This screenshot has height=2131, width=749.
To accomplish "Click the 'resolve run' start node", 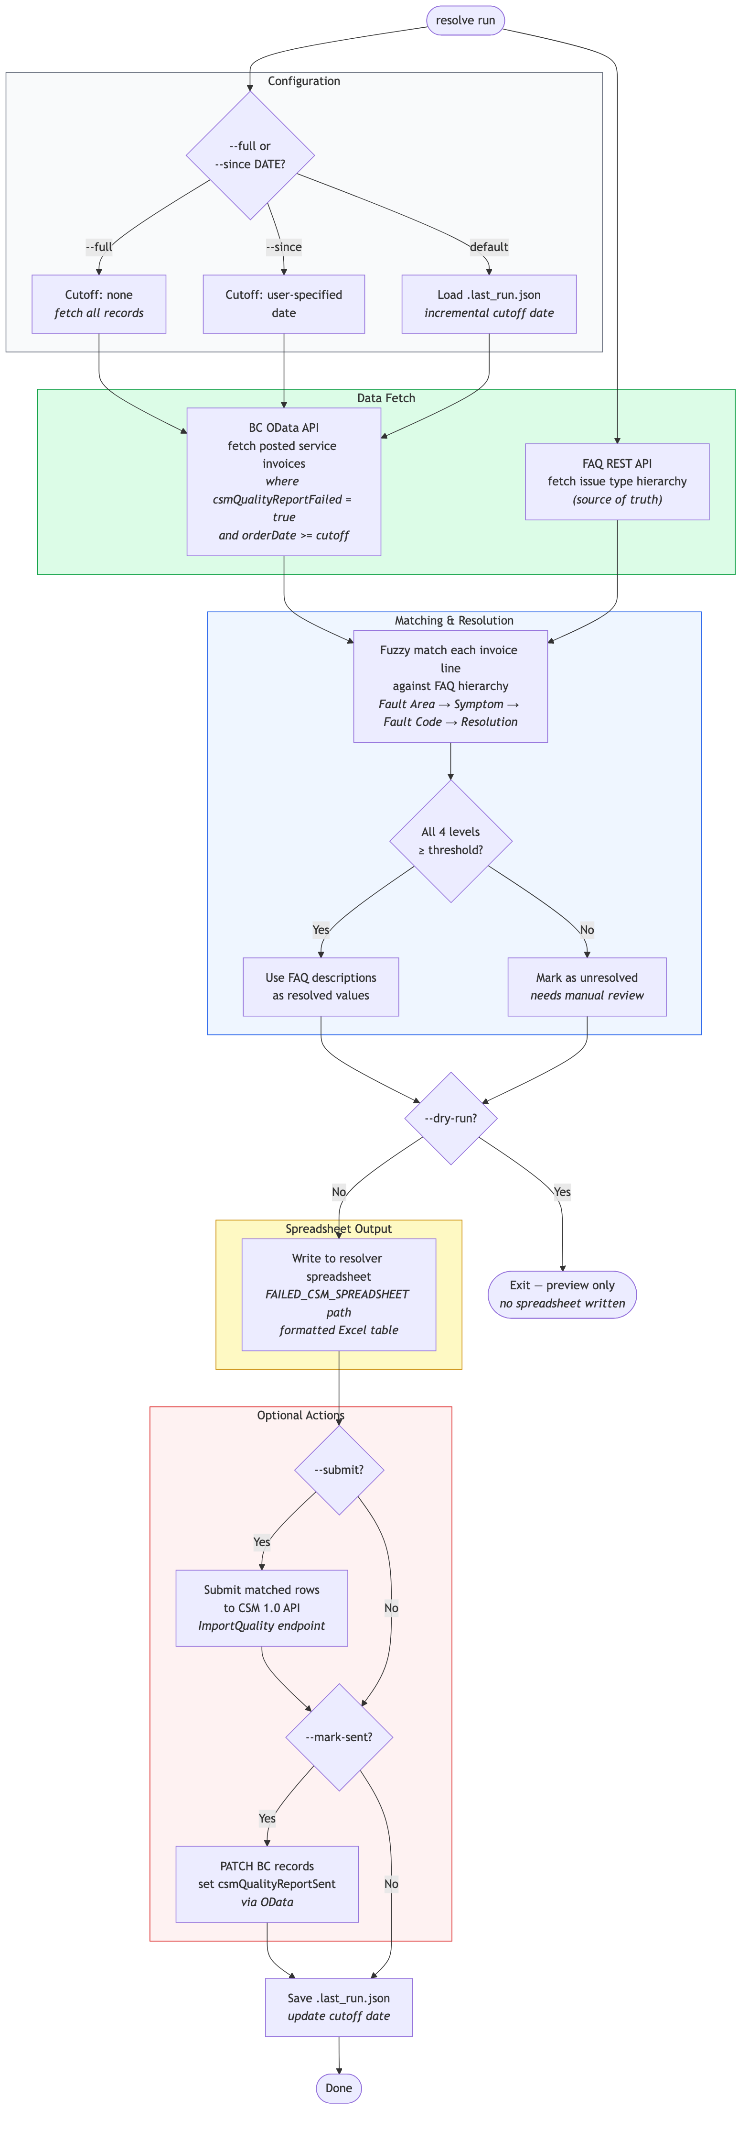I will coord(465,20).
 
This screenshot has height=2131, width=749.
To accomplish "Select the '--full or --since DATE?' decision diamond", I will coord(250,155).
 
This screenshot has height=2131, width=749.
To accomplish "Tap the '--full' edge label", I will coord(99,246).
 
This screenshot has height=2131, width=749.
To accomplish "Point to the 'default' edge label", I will coord(489,246).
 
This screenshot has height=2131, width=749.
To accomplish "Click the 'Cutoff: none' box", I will coord(99,304).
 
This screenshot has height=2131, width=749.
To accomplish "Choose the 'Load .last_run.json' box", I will coord(489,304).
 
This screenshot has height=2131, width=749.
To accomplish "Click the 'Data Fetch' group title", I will coord(386,398).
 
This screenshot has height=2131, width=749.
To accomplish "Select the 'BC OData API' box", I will coord(284,482).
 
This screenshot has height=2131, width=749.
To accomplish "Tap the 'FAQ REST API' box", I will coord(617,482).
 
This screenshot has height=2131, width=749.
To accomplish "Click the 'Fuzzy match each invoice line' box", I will coord(450,686).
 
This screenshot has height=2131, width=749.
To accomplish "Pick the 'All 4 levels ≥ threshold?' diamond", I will coord(450,840).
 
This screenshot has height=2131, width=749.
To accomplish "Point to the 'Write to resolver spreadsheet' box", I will coord(339,1294).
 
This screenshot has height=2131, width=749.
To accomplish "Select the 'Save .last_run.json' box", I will coord(339,2007).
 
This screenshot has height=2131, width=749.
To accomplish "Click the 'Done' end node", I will coord(339,2088).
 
